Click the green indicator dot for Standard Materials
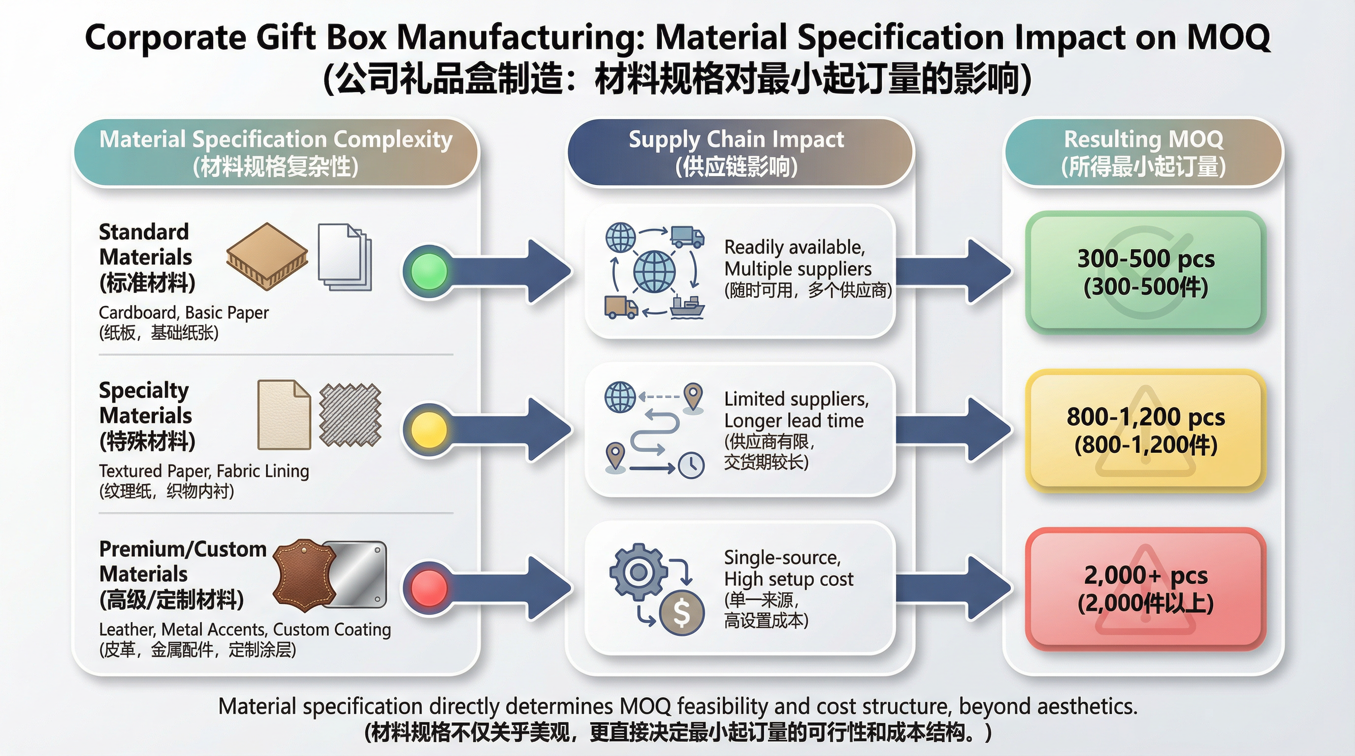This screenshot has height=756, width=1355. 429,271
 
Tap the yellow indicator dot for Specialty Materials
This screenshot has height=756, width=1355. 429,430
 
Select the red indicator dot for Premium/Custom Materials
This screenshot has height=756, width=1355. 429,588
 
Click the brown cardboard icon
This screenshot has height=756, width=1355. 267,256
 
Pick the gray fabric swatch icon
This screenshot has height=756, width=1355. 350,415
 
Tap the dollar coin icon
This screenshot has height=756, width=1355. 682,612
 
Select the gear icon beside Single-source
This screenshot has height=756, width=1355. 638,571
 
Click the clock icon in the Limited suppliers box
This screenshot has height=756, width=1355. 691,465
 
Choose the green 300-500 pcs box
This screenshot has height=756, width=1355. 1145,272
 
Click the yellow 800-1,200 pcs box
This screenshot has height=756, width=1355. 1145,431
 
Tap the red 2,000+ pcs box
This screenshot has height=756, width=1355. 1145,589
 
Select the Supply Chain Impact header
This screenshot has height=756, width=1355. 737,153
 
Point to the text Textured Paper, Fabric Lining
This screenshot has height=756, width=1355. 204,471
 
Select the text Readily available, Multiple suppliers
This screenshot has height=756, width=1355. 797,257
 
